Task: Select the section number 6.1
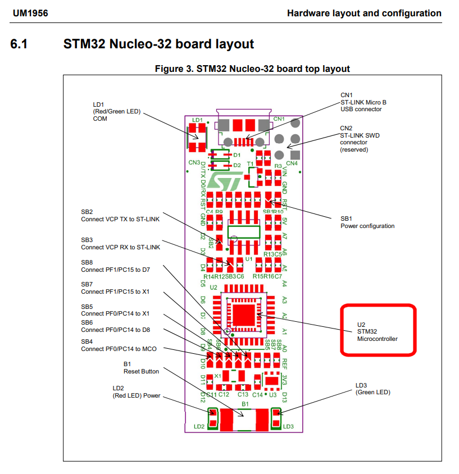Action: [19, 44]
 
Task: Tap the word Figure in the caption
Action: [169, 69]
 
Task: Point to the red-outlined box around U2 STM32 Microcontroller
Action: [379, 331]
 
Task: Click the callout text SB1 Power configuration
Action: [367, 222]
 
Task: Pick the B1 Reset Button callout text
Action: [141, 368]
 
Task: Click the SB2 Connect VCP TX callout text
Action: [120, 215]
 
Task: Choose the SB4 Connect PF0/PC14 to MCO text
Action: [118, 345]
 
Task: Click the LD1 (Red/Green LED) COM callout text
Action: [116, 111]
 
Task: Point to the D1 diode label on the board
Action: [237, 154]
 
